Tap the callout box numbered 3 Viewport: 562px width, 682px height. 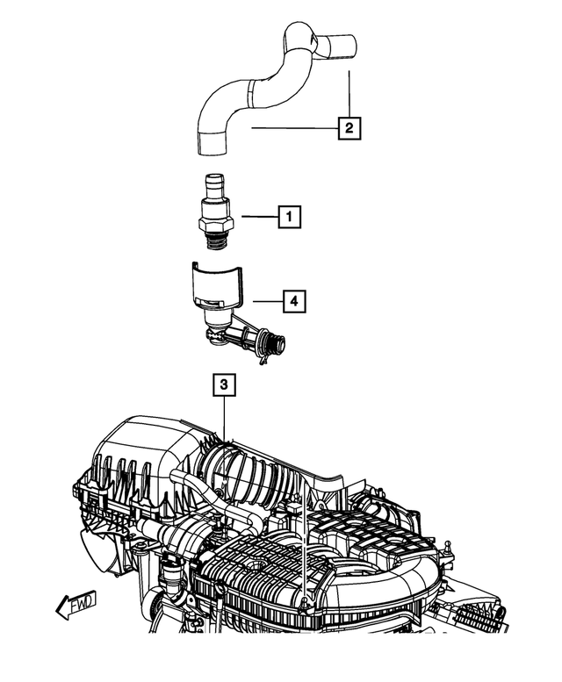coord(224,384)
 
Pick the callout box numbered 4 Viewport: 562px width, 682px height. coord(294,302)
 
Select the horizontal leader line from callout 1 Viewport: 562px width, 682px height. coord(261,216)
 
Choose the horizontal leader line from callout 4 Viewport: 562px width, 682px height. coord(265,302)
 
